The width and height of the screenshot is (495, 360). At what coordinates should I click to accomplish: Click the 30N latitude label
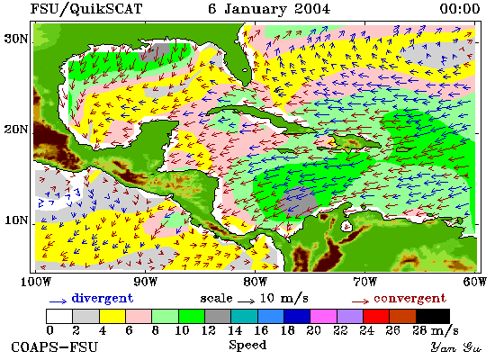pos(16,39)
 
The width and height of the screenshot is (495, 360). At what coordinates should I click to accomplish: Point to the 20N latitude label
pos(16,130)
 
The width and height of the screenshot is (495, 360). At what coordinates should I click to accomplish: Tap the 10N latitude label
pos(16,220)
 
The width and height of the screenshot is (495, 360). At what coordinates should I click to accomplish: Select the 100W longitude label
pos(35,282)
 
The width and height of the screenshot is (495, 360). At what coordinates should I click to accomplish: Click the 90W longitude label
pos(145,282)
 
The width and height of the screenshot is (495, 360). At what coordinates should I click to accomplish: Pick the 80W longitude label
pos(255,282)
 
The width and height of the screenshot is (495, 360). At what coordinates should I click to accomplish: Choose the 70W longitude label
pos(364,282)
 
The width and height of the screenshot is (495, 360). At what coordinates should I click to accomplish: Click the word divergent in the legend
pos(103,299)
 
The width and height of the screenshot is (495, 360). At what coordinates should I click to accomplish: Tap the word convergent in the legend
pos(409,299)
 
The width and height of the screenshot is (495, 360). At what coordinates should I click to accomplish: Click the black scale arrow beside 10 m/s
pos(246,301)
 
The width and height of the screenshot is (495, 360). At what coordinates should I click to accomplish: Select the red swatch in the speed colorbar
pos(376,316)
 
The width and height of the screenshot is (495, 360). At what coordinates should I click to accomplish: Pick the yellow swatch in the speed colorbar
pos(112,316)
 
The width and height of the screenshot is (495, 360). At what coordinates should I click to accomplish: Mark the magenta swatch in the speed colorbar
pos(323,316)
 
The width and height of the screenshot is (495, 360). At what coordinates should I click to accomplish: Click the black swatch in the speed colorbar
pos(433,316)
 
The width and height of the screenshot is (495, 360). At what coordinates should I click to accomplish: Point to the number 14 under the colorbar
pos(235,330)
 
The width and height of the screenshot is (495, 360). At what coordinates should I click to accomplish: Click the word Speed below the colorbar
pos(247,346)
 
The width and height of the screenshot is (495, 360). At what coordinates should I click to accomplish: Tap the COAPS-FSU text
pos(54,347)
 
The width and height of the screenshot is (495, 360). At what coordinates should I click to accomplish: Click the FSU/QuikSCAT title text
pos(86,9)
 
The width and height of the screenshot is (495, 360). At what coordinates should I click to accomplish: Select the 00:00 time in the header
pos(460,8)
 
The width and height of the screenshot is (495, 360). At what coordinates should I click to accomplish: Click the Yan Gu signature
pos(456,347)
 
